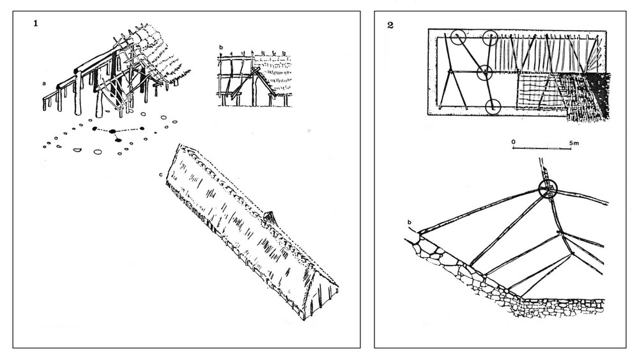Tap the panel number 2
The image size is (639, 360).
point(390,25)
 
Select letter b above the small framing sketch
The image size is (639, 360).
point(221,49)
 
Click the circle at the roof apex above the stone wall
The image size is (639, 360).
point(548,189)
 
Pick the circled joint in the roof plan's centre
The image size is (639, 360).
point(484,72)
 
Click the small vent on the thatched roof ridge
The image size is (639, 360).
point(270,219)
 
